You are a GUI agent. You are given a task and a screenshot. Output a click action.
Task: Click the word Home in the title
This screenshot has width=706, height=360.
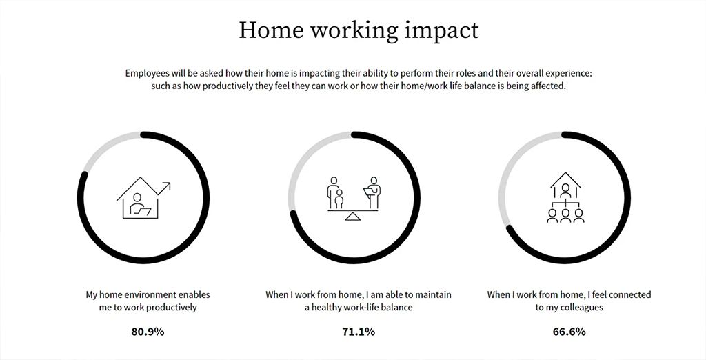point(270,30)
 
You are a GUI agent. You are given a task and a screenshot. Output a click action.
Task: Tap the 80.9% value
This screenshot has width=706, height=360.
point(148,332)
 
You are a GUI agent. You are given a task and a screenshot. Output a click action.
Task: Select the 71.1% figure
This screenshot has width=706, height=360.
point(359,332)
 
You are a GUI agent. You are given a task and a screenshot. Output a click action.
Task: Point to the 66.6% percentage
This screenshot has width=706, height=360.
point(569,332)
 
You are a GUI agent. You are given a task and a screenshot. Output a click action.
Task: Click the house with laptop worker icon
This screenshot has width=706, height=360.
point(143,198)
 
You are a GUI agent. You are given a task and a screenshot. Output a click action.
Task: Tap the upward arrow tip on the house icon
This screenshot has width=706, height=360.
point(170,183)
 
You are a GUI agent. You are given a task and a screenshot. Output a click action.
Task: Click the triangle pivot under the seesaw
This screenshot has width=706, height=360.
point(353,217)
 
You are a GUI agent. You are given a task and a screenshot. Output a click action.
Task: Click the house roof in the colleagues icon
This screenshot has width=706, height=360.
point(565,180)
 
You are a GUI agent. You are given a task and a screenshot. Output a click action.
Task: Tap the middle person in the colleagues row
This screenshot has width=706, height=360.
point(565,215)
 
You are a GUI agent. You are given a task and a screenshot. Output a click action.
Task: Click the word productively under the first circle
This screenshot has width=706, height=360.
point(171,308)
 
